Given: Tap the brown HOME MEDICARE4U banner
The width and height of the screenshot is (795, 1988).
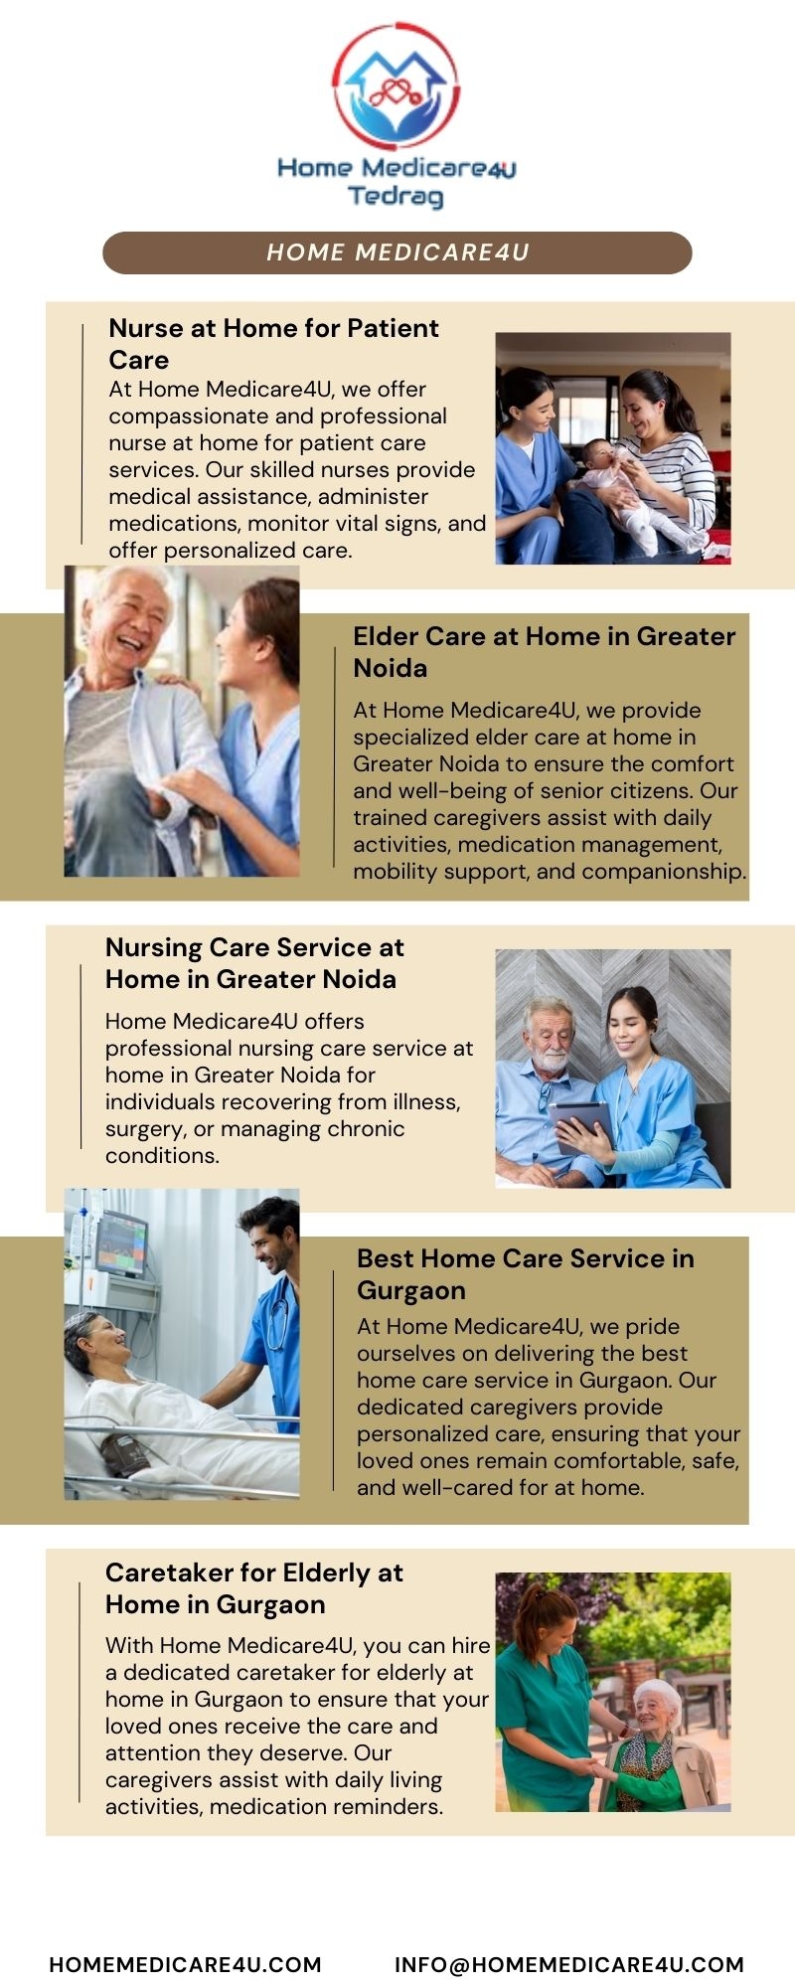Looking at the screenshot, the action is pos(397,252).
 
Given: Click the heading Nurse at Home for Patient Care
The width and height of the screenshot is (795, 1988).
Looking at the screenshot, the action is pos(273,344).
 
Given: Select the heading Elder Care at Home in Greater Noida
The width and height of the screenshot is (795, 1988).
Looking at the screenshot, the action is pos(545,652).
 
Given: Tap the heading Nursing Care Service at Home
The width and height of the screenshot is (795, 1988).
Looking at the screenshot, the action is pos(254,963).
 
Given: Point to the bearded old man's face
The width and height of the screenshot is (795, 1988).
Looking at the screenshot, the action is pos(549,1038).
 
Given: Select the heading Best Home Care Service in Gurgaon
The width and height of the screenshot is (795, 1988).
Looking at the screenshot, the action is pos(526,1274).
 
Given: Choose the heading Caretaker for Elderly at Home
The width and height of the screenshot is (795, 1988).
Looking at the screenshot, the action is pos(254,1588).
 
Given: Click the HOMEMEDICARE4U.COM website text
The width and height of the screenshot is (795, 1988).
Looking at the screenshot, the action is pos(186,1964).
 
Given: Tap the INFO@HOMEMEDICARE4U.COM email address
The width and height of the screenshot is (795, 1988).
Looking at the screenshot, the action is pos(569,1964).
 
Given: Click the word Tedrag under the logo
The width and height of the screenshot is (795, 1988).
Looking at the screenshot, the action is pos(396,196).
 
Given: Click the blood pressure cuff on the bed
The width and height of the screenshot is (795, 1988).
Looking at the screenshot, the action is pos(124,1454).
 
